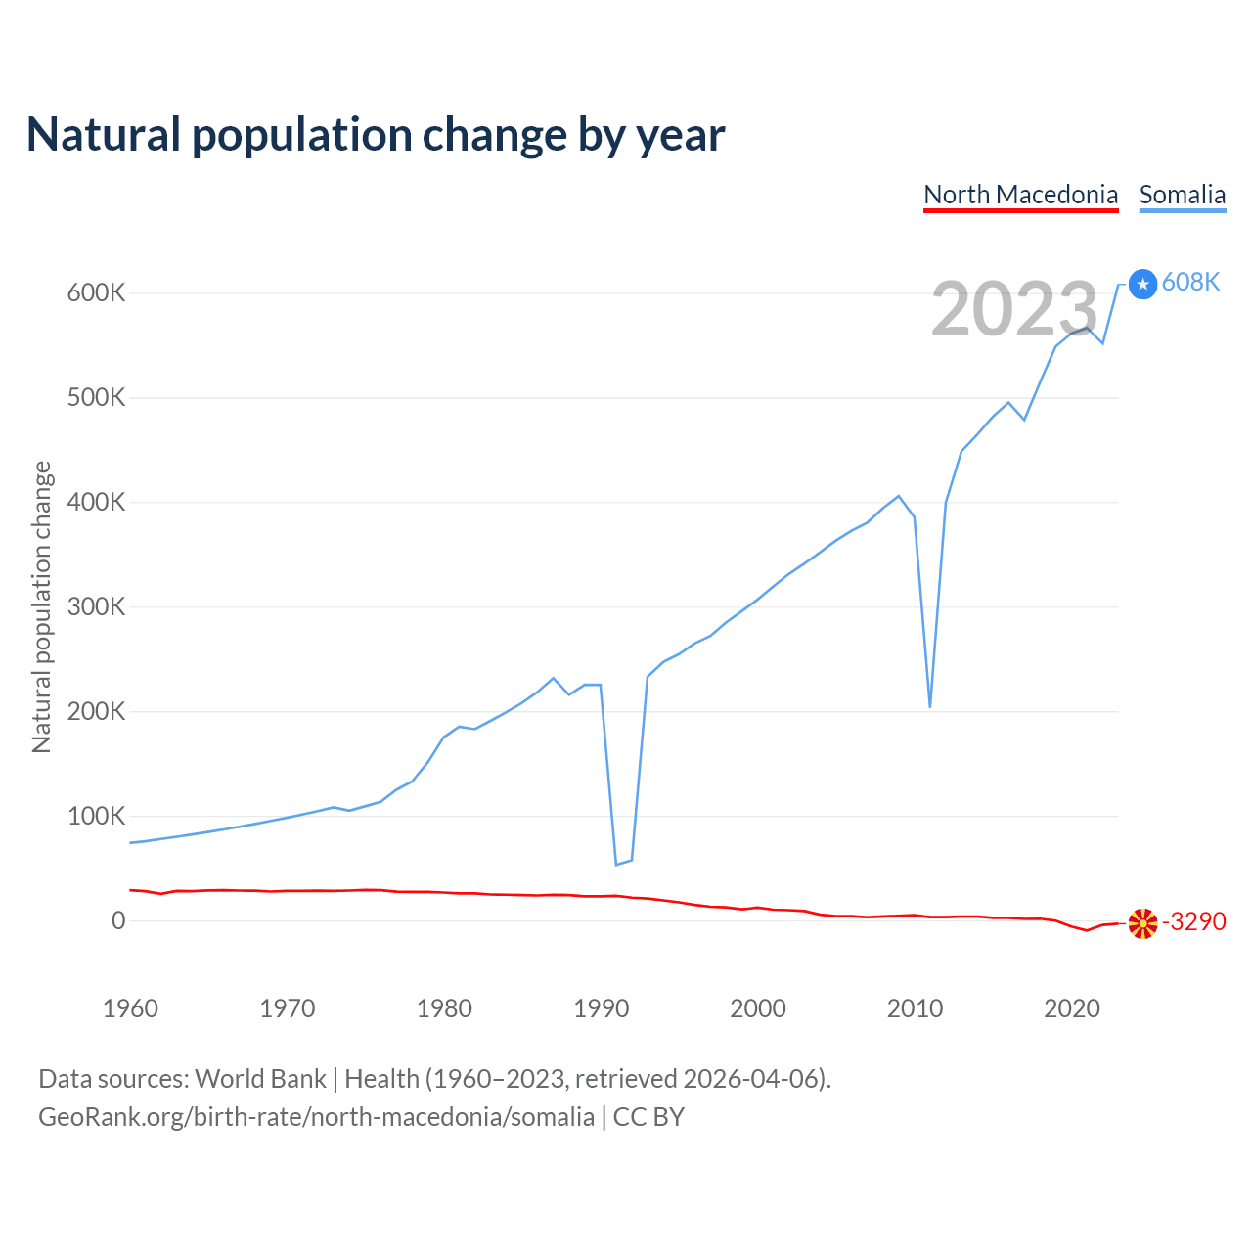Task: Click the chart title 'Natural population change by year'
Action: (376, 135)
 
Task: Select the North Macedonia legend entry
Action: (1020, 195)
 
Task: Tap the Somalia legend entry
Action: (1182, 195)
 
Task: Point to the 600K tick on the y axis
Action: (96, 292)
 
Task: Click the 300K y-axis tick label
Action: (96, 606)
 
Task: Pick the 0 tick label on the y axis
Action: (118, 920)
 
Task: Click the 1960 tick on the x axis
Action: (130, 1008)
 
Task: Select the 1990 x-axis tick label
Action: (601, 1008)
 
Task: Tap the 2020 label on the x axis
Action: (1072, 1008)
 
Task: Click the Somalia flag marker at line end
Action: (1142, 284)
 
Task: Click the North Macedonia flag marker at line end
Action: (1142, 923)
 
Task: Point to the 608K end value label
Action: (1190, 283)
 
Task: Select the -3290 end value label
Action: (1193, 922)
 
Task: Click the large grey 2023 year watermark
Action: (1014, 309)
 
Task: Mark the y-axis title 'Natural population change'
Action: (41, 606)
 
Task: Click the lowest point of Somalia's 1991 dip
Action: (616, 865)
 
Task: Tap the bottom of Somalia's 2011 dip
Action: (930, 706)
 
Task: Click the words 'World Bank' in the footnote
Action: (260, 1079)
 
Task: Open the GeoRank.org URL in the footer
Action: (316, 1117)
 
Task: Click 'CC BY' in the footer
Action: (648, 1117)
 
